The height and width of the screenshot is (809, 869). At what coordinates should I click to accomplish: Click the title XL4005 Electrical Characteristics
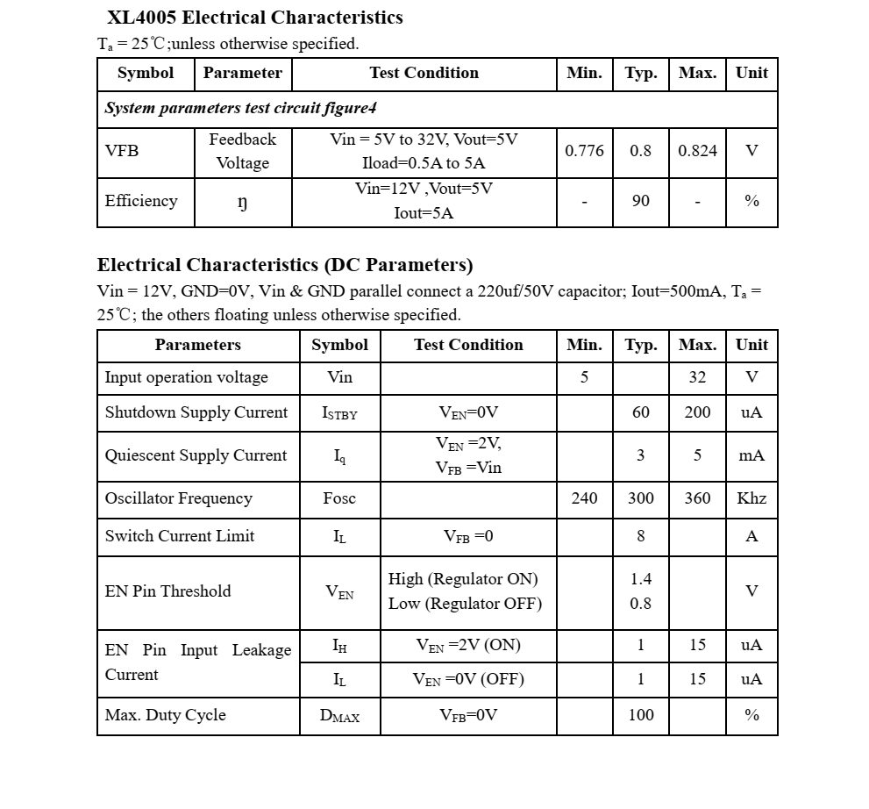[254, 18]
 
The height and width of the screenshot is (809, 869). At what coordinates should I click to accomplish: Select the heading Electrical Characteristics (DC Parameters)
[285, 265]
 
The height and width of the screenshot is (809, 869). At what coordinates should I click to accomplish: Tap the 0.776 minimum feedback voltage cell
[584, 151]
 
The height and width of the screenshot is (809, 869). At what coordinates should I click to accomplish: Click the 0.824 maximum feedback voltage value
[697, 151]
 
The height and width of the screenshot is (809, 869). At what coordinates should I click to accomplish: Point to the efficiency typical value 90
[641, 201]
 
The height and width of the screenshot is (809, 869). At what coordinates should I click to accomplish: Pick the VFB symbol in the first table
[122, 151]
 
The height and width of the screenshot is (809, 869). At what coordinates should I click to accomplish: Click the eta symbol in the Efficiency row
[243, 202]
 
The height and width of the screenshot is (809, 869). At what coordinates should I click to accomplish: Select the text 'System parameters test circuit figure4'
[240, 109]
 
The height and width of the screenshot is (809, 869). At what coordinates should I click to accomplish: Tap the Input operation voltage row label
[187, 377]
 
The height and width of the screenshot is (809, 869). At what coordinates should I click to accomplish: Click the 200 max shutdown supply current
[697, 412]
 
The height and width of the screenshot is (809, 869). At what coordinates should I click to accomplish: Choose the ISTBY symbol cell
[339, 413]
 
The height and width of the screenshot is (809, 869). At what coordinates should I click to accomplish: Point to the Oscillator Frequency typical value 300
[641, 498]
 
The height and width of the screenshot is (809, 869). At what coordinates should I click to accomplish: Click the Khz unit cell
[751, 498]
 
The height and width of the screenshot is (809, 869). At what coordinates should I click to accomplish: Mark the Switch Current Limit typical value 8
[641, 536]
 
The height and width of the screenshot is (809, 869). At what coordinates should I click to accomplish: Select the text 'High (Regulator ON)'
[463, 579]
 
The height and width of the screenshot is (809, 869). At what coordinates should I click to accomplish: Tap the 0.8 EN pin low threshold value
[641, 604]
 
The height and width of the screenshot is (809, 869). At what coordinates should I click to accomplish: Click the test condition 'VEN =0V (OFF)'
[468, 679]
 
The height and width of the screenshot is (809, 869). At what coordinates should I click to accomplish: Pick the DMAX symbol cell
[339, 716]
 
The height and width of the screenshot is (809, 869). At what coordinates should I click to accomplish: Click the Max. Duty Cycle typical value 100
[641, 715]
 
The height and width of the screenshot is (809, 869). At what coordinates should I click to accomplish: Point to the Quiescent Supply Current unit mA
[751, 455]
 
